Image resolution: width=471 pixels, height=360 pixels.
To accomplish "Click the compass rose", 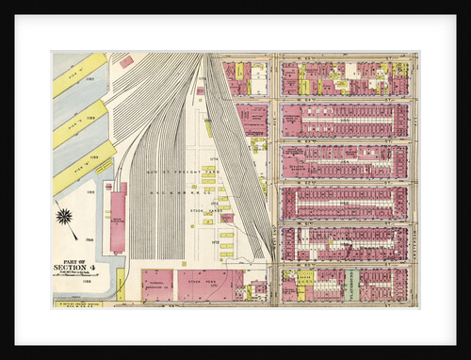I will (x=64, y=219).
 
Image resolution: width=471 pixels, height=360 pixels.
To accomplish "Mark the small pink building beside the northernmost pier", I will (x=126, y=61).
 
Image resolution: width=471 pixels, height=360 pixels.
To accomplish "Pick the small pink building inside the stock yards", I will (x=227, y=218).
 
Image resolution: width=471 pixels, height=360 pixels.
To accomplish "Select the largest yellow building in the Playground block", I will (x=305, y=278).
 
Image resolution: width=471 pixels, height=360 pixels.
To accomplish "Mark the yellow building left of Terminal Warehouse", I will (x=121, y=285).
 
